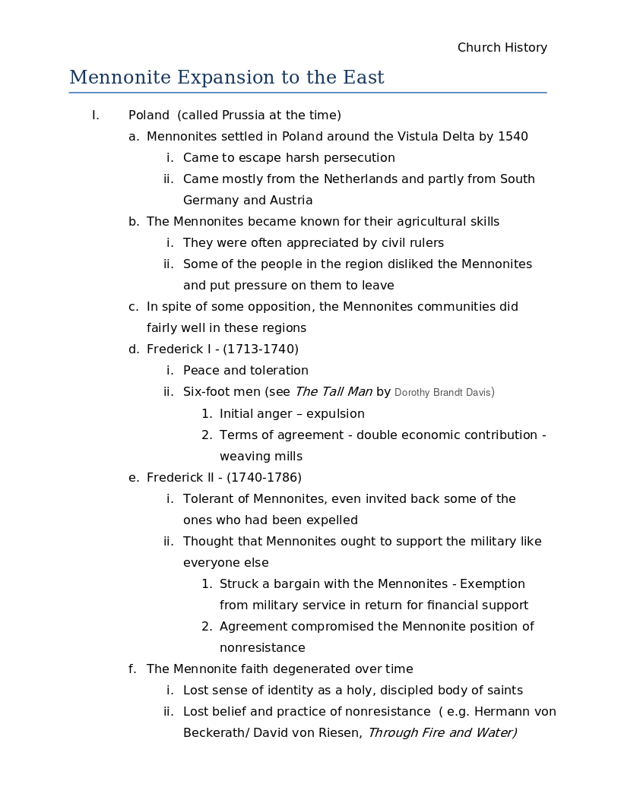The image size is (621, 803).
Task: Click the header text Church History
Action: pyautogui.click(x=502, y=48)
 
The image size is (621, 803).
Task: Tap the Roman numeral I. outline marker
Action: pyautogui.click(x=95, y=115)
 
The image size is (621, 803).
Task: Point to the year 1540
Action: pyautogui.click(x=512, y=137)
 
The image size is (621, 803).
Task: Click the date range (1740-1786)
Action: pyautogui.click(x=264, y=478)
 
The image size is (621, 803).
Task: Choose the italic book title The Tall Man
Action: pyautogui.click(x=333, y=392)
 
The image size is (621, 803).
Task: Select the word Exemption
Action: pyautogui.click(x=492, y=584)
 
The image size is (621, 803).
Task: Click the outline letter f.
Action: pyautogui.click(x=132, y=669)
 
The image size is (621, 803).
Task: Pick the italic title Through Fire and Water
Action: pyautogui.click(x=441, y=733)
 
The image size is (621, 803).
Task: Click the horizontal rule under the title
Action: pyautogui.click(x=308, y=93)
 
